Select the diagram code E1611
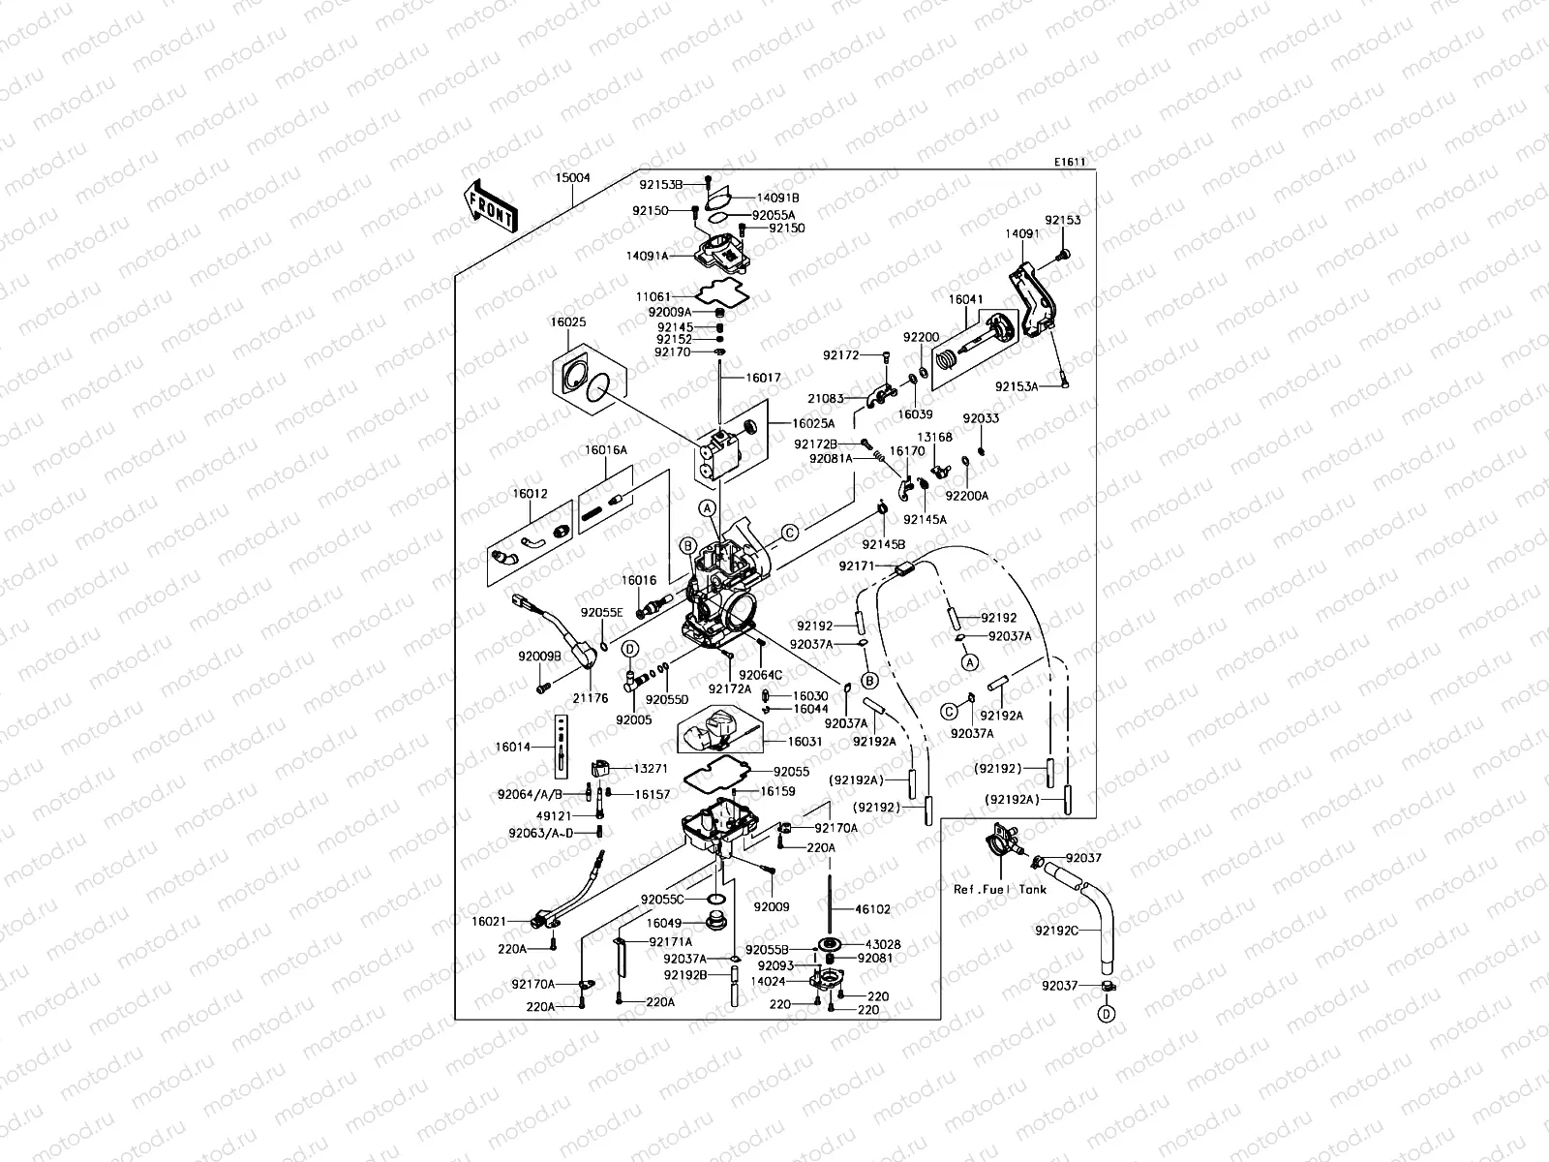pyautogui.click(x=1070, y=163)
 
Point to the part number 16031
pyautogui.click(x=805, y=742)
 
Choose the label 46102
pyautogui.click(x=871, y=910)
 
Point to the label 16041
pyautogui.click(x=965, y=300)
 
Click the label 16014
pyautogui.click(x=512, y=747)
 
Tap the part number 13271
pyautogui.click(x=651, y=768)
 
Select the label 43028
pyautogui.click(x=882, y=944)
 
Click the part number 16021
pyautogui.click(x=489, y=922)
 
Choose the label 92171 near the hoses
pyautogui.click(x=857, y=566)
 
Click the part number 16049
pyautogui.click(x=664, y=924)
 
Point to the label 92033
pyautogui.click(x=981, y=418)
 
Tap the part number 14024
pyautogui.click(x=768, y=981)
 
